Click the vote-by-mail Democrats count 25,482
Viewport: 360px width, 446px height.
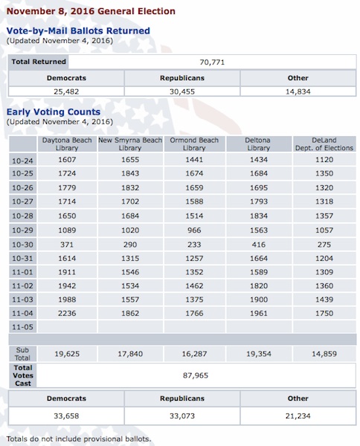point(65,91)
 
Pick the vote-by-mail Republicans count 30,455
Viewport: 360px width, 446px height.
point(182,91)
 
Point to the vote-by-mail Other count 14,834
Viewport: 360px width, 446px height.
point(298,91)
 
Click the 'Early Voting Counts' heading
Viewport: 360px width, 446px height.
point(59,111)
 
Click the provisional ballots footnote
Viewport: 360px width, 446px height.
point(78,439)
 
